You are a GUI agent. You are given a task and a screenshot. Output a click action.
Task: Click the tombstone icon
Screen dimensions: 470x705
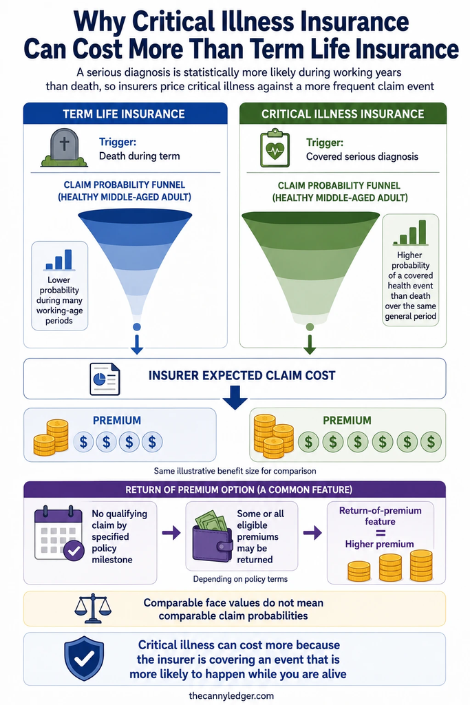pos(64,148)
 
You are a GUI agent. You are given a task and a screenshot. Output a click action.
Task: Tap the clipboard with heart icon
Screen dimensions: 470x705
pos(275,149)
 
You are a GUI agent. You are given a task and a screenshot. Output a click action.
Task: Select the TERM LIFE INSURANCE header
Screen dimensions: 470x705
pos(124,114)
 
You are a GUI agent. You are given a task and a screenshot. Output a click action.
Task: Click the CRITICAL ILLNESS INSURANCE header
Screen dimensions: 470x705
pos(343,114)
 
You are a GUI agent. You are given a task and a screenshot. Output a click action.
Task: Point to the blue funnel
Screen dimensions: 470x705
pos(136,261)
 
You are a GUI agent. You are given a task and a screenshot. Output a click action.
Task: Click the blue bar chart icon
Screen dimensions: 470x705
pos(59,260)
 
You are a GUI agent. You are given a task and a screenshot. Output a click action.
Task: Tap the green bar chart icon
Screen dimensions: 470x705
pos(410,233)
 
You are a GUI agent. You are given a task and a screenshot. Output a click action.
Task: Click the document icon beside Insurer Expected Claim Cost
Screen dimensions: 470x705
pos(105,379)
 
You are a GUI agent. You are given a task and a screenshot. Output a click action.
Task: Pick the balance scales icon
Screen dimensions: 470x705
pos(93,608)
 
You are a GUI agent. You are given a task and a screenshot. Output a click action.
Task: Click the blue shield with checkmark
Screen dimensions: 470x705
pos(84,659)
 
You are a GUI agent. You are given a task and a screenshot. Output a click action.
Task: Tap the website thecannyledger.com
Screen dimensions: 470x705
pos(231,695)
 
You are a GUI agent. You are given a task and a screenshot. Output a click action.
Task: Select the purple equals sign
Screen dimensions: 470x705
pos(380,533)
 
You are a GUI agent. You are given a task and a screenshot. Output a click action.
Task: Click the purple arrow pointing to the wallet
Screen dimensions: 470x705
pos(171,534)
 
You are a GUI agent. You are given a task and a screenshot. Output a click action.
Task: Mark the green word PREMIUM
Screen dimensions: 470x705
pos(347,421)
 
